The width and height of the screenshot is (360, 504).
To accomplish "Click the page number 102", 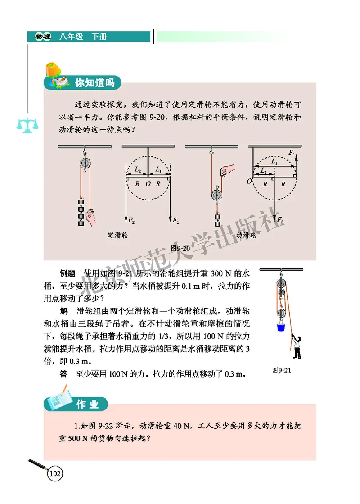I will (x=55, y=474).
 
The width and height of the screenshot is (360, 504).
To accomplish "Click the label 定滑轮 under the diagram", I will (x=117, y=235).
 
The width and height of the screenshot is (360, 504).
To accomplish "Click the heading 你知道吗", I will (x=94, y=82).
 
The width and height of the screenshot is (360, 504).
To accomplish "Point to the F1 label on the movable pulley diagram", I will (x=292, y=153).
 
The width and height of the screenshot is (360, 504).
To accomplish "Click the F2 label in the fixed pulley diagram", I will (x=131, y=221).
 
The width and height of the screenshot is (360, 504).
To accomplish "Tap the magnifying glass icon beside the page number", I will (x=37, y=466).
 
